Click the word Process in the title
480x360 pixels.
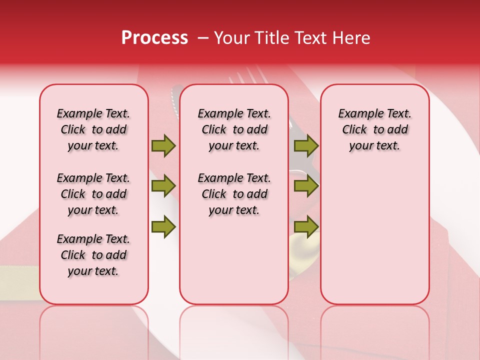point(154,38)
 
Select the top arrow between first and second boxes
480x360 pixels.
point(163,146)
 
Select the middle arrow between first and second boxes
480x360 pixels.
point(163,186)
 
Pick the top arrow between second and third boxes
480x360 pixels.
point(306,146)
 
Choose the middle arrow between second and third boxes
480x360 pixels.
point(306,186)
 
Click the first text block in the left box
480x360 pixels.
point(93,129)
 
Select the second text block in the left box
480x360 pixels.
point(93,194)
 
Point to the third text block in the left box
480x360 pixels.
point(93,255)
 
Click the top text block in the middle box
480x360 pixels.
point(234,129)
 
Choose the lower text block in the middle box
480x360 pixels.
point(234,194)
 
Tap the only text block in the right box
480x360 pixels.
point(374,129)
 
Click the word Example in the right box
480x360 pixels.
point(358,114)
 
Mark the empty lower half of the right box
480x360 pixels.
point(374,240)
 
